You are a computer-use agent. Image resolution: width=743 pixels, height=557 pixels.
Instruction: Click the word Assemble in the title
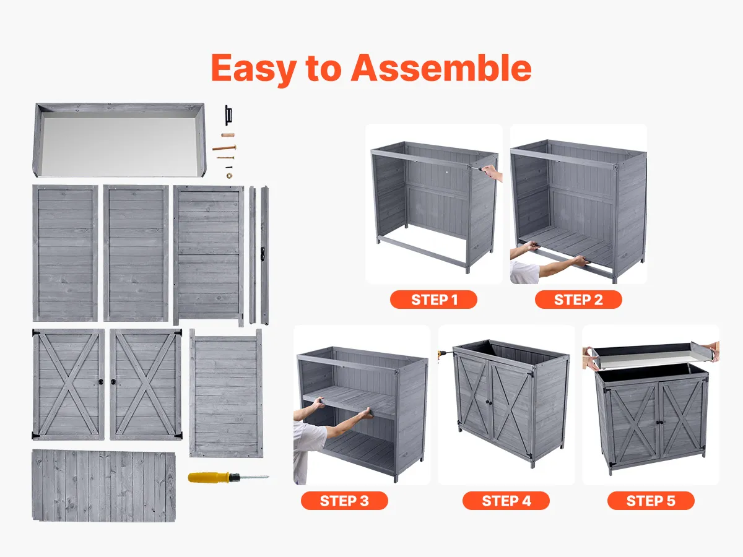(441, 68)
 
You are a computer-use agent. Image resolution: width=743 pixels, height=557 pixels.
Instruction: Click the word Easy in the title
(254, 69)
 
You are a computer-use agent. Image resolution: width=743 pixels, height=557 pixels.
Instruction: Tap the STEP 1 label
(433, 300)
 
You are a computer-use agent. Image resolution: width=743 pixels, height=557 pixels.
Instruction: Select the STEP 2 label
(578, 300)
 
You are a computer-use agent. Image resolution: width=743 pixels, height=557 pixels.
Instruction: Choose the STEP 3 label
(344, 501)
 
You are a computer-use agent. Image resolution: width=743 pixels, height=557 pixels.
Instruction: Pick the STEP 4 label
(506, 501)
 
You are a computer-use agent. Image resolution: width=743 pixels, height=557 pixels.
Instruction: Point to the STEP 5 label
(651, 501)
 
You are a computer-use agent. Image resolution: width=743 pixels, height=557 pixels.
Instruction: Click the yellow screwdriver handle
(209, 477)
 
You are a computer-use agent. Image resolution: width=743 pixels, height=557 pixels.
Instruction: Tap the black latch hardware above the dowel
(228, 115)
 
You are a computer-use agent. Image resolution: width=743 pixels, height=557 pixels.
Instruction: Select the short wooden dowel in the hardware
(228, 135)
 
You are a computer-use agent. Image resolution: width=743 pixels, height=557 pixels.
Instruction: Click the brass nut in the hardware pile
(229, 176)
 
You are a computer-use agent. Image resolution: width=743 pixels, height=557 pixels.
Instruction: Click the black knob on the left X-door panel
(101, 382)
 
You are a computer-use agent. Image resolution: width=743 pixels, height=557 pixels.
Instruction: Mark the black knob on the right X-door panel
(113, 382)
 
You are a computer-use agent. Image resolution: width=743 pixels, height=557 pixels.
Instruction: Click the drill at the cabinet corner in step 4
(443, 354)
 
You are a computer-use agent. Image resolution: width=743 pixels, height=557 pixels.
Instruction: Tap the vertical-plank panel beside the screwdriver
(104, 485)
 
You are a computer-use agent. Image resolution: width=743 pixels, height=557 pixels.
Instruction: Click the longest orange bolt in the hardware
(224, 148)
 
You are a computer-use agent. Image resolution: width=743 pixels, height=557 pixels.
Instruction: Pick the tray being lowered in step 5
(650, 355)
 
